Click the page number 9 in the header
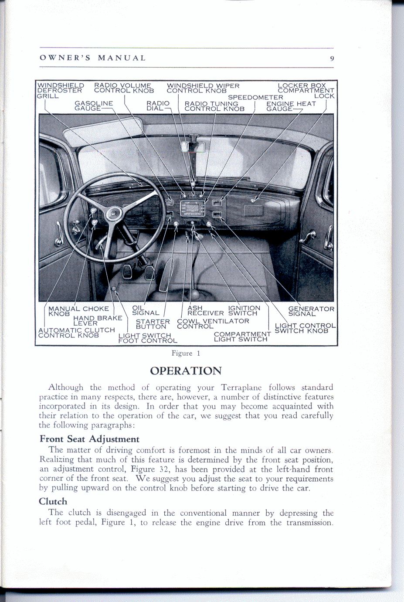tap(332, 58)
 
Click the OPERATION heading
tap(186, 371)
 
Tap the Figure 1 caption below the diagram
tap(186, 353)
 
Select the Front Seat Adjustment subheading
tap(89, 439)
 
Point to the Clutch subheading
tap(53, 501)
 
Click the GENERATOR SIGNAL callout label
tap(311, 311)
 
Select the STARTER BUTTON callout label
tap(152, 324)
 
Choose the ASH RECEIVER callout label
tap(205, 310)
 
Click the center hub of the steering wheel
tap(114, 213)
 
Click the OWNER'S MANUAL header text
tap(93, 58)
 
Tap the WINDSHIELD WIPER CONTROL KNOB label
tap(203, 88)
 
